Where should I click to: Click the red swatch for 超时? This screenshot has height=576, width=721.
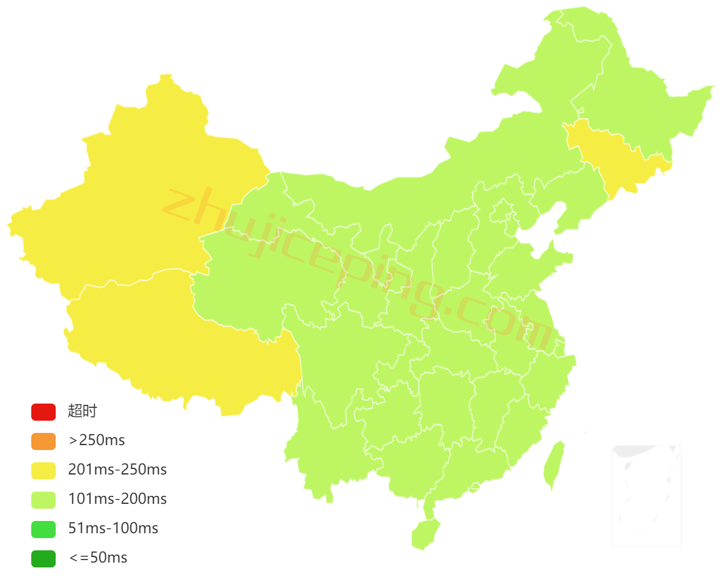43,412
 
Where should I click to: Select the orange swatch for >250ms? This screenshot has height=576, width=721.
43,441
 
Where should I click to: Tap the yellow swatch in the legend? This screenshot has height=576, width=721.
43,470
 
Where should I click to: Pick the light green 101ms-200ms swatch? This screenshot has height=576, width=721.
43,500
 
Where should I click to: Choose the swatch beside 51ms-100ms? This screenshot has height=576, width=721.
43,529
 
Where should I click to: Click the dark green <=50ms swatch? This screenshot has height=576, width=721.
43,558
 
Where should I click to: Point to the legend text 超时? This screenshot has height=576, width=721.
83,412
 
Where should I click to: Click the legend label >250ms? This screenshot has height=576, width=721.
97,441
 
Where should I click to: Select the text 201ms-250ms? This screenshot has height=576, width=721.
117,470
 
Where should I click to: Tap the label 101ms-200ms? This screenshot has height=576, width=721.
117,500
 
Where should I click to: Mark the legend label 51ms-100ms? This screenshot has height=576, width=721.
113,529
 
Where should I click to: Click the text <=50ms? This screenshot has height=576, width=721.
98,558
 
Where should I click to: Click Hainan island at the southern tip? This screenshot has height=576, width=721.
424,533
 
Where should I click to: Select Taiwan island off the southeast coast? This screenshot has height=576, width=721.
554,465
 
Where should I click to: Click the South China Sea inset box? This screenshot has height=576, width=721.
646,495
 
